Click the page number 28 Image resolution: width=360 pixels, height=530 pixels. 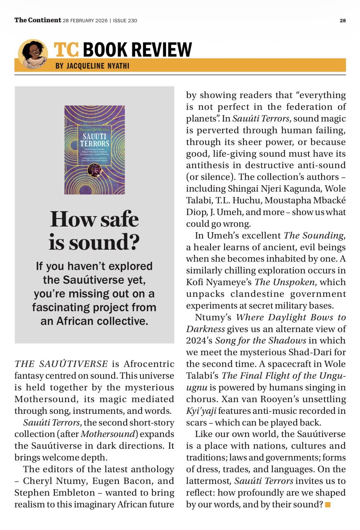pyautogui.click(x=343, y=21)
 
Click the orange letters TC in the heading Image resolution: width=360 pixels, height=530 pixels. pyautogui.click(x=66, y=49)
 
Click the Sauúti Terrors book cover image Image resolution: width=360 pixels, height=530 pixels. pyautogui.click(x=94, y=150)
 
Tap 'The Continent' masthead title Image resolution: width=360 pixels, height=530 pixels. pyautogui.click(x=38, y=20)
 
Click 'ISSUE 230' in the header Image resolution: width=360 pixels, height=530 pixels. pyautogui.click(x=125, y=21)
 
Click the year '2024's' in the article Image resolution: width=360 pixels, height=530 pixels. pyautogui.click(x=199, y=341)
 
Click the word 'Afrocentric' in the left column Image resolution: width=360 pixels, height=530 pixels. pyautogui.click(x=149, y=364)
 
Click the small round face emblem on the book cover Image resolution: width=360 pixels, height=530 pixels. pyautogui.click(x=94, y=171)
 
